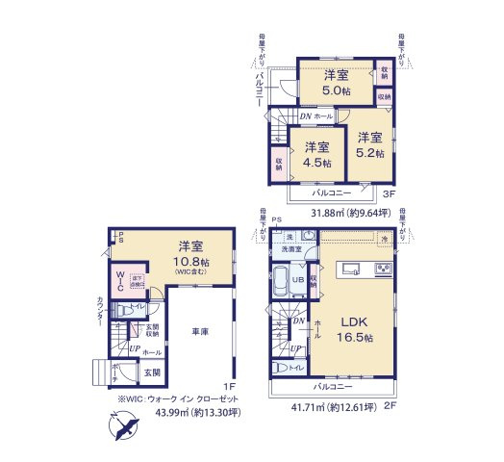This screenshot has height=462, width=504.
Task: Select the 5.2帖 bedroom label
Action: coord(371,144)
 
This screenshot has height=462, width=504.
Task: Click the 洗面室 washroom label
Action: coord(291,249)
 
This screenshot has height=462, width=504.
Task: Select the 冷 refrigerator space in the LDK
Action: coord(383,239)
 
